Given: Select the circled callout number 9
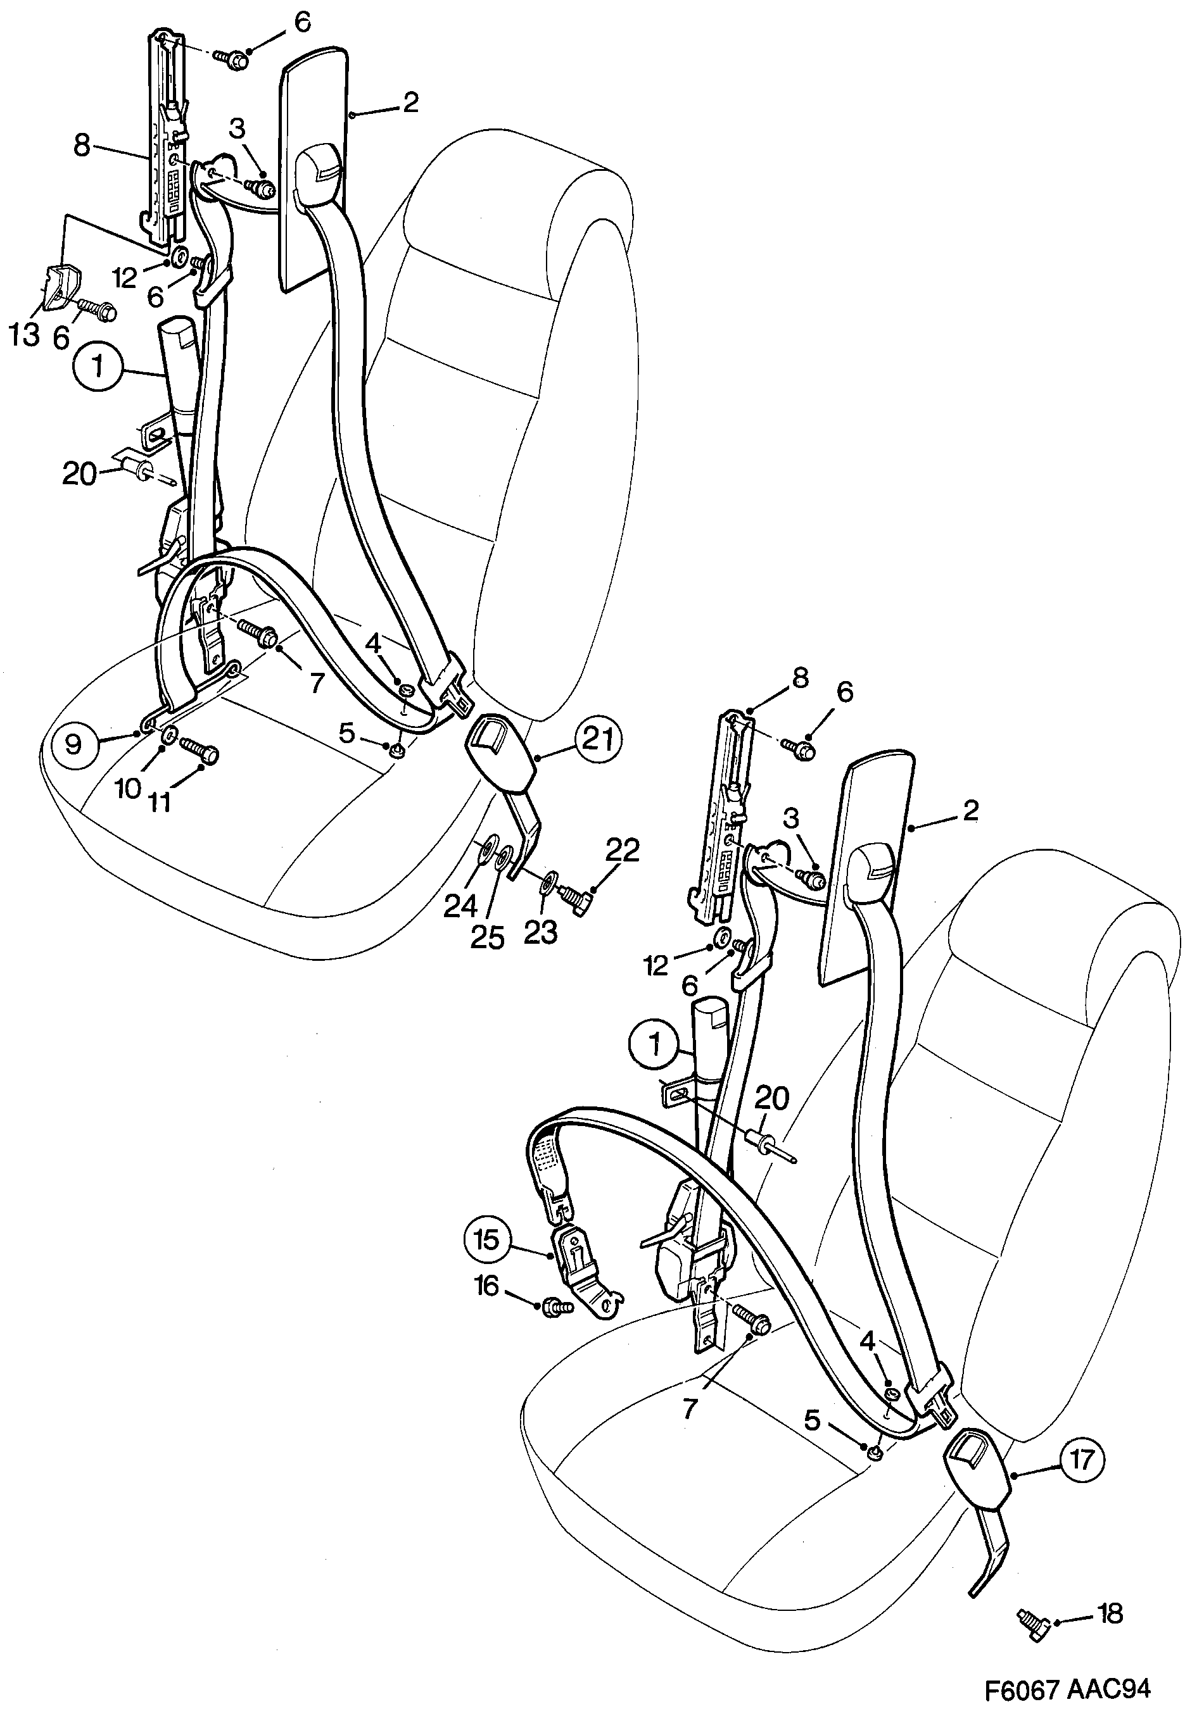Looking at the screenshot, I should (x=73, y=744).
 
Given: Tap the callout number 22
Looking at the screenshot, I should (x=623, y=850).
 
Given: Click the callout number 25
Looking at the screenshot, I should (x=487, y=938).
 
